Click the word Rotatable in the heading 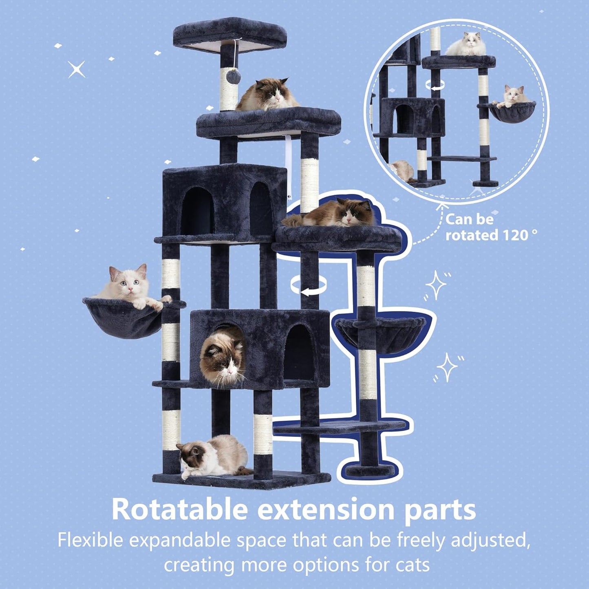click(179, 510)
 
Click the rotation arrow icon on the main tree click(309, 285)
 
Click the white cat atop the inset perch click(467, 44)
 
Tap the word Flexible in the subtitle click(90, 540)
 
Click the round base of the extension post click(371, 470)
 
